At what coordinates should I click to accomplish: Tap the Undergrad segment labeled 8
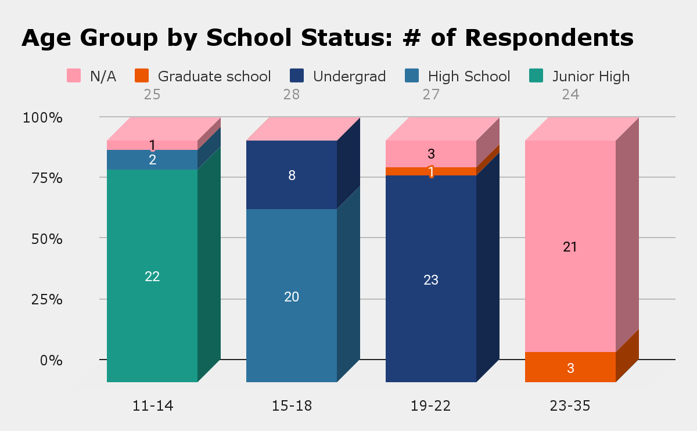coord(292,175)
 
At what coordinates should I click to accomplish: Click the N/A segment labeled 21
coord(570,246)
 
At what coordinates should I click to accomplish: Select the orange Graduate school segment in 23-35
coord(570,367)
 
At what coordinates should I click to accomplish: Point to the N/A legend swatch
coord(74,76)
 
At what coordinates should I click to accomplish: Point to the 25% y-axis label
coord(42,300)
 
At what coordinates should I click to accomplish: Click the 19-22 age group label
coord(431,405)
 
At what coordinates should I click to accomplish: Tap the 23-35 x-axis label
coord(570,405)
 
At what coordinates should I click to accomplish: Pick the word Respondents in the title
coord(549,38)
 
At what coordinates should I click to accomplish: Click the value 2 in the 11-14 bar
coord(152,160)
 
